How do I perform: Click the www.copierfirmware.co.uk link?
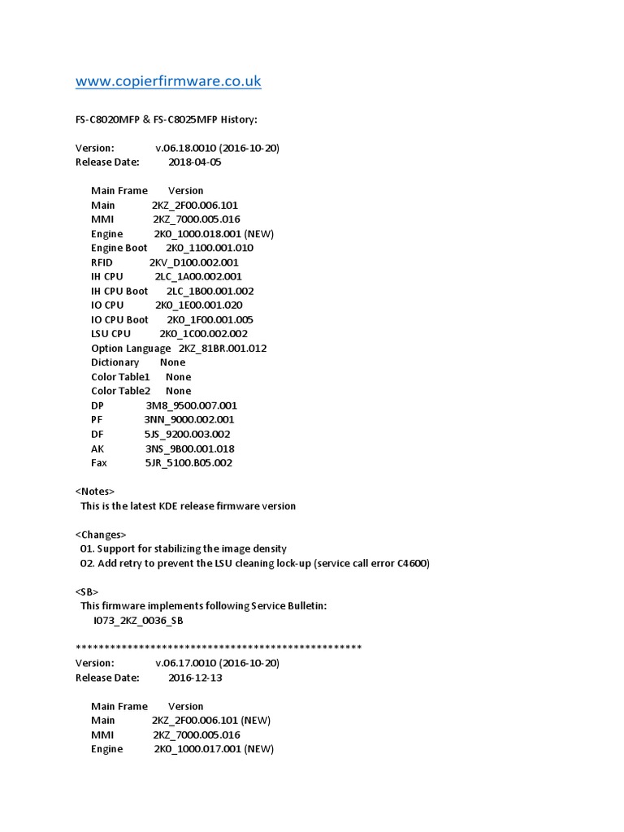coord(168,81)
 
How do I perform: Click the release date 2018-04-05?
coord(194,162)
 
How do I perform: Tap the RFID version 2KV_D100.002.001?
coord(193,262)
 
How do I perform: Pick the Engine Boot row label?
coord(119,248)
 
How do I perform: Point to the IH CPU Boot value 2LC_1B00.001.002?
coord(210,291)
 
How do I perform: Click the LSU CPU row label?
coord(110,334)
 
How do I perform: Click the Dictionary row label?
coord(115,362)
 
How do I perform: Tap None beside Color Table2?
coord(178,391)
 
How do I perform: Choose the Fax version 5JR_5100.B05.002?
coord(188,463)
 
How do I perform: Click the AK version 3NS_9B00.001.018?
coord(189,448)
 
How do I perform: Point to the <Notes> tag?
coord(95,492)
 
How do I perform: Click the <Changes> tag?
coord(101,535)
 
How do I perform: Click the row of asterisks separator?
coord(219,648)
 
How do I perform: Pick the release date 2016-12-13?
coord(194,678)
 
